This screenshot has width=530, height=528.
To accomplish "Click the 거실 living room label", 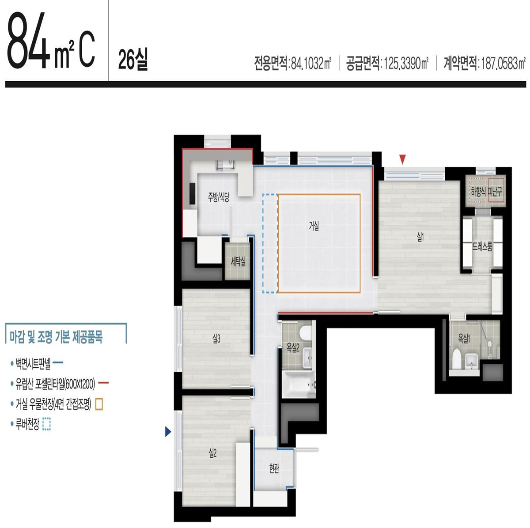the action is pos(314,226).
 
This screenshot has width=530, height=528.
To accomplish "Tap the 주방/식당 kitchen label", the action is pos(218,197).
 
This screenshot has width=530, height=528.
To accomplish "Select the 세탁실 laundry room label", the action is pos(238,262).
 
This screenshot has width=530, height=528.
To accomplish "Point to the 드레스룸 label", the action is pos(482,247).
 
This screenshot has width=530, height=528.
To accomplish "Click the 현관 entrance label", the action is pos(274,468).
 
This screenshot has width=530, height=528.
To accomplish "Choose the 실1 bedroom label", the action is pos(420,237).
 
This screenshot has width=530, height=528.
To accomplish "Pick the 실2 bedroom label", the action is pos(212,453).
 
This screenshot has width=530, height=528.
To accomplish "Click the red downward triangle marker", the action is pos(402,159).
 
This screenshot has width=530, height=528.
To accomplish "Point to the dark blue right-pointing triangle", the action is pos(168,431).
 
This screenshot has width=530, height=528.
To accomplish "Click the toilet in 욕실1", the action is pos(457,359).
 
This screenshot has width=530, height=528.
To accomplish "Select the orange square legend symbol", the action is pos(99,404).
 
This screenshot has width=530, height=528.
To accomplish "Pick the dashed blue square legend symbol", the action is pos(47,424).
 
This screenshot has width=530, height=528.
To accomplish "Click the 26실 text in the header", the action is pos(133,60).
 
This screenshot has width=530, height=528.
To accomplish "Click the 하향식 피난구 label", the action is pos(486,192).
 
